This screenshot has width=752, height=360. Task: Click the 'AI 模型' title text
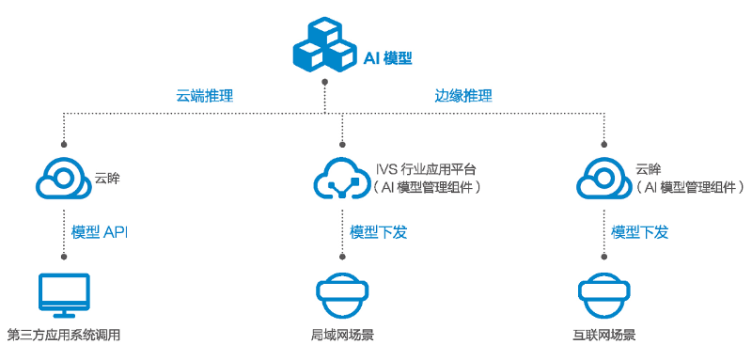[388, 57]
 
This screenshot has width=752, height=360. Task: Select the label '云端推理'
[205, 96]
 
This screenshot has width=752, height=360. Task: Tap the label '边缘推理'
[463, 96]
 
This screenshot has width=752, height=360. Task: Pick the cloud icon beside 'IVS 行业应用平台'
[340, 177]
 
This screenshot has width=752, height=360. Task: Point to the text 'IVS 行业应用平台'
[426, 169]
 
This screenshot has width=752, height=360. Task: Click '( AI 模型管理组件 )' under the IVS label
[428, 187]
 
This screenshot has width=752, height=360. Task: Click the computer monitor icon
[63, 295]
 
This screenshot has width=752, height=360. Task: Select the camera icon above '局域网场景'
[341, 295]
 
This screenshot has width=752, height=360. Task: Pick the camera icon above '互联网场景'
[603, 295]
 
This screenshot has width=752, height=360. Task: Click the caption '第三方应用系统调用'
[63, 335]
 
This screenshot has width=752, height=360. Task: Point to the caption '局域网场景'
[341, 335]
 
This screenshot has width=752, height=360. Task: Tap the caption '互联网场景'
[603, 335]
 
